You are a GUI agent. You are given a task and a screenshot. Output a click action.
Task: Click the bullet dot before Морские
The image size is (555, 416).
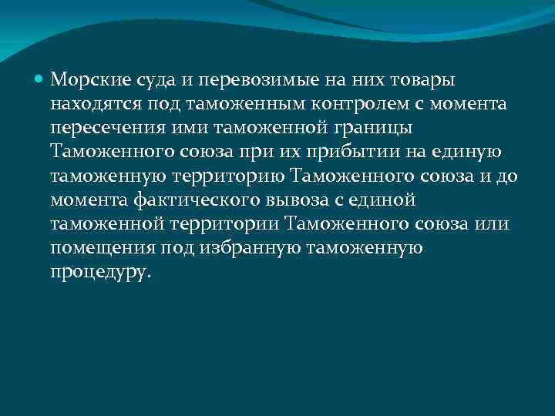(40, 79)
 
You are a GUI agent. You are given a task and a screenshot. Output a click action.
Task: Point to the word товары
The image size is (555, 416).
(423, 79)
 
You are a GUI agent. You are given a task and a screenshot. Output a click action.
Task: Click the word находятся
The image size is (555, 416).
(94, 103)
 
